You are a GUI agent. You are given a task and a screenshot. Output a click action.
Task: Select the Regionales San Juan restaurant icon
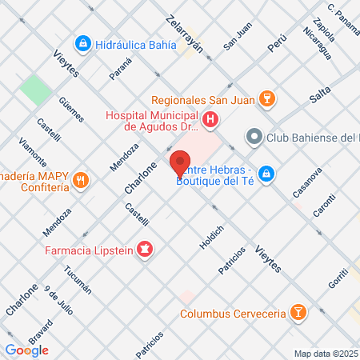coord(269,99)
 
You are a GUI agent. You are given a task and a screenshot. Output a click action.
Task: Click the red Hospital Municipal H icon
coord(210,121)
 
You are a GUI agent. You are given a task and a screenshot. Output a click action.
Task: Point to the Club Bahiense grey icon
coord(254,137)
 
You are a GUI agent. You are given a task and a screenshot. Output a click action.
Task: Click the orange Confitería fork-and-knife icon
coord(79,180)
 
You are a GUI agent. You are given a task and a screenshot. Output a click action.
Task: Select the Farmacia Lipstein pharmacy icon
coord(144,250)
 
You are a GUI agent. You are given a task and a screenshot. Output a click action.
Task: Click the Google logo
coord(26,350)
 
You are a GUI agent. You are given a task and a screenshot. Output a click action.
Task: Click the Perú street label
coord(277,44)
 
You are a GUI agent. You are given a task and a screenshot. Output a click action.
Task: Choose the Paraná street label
coord(120,74)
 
